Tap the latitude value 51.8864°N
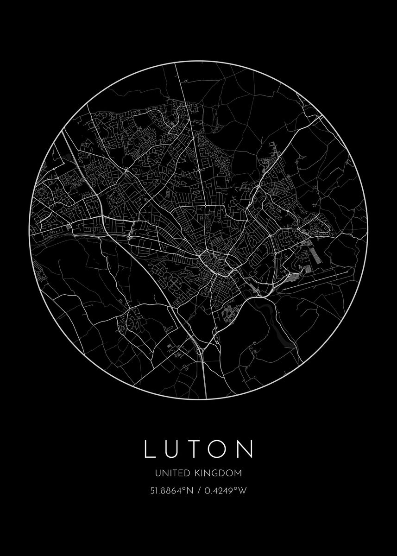point(170,491)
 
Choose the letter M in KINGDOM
point(239,473)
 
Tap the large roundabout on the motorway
point(200,352)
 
